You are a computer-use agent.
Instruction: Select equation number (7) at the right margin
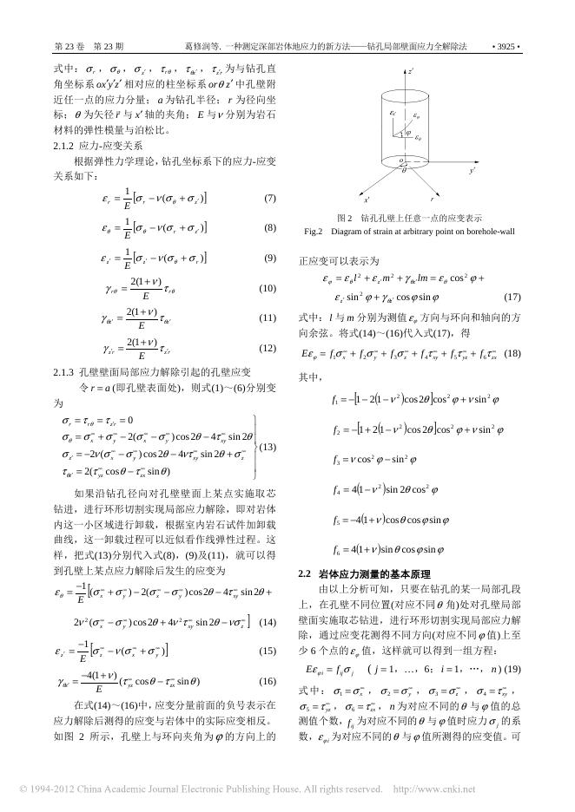[x=269, y=199]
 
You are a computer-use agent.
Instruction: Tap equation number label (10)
[x=268, y=288]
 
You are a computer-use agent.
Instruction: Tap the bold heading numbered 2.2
[x=305, y=573]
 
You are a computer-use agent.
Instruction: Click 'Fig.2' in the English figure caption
[x=314, y=232]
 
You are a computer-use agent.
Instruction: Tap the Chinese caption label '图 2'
[x=345, y=218]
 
